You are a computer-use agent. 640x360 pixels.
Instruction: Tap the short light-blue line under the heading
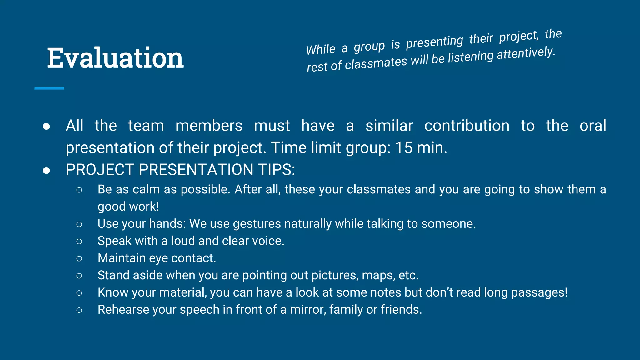click(49, 88)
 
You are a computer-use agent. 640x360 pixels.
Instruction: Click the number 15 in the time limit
click(403, 147)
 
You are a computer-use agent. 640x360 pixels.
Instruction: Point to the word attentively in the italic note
click(526, 53)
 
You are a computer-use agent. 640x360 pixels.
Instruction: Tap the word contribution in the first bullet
click(467, 126)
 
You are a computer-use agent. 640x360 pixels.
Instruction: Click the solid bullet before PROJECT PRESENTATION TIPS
click(47, 170)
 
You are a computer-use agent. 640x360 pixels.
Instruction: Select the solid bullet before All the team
click(47, 126)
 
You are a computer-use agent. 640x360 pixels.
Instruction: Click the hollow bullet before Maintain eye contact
click(79, 258)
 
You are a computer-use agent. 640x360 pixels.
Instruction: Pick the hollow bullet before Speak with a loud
click(79, 241)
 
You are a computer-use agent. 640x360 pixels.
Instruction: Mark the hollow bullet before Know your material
click(79, 293)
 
